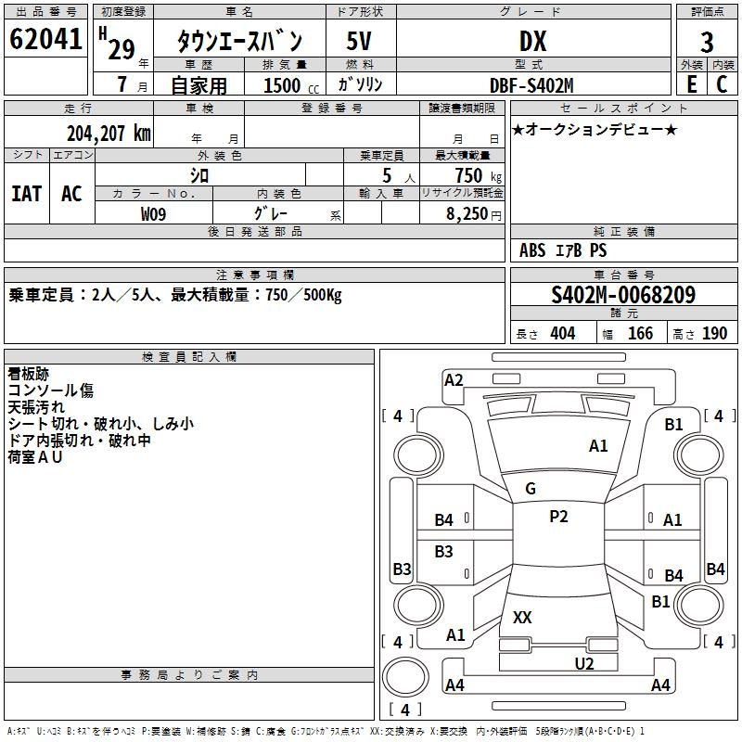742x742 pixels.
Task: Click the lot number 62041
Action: tap(45, 40)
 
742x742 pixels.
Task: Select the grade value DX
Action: tap(532, 41)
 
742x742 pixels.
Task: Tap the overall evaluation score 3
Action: tap(707, 42)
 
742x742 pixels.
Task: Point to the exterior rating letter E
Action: tap(692, 83)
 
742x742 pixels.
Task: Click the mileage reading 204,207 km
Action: tap(109, 133)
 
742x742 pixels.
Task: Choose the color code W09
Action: tap(154, 213)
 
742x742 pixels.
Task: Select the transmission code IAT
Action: tap(26, 193)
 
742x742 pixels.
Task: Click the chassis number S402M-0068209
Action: tap(623, 295)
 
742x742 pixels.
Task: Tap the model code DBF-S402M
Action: tap(532, 84)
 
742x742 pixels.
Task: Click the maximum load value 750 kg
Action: tap(478, 175)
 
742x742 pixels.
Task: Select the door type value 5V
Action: tap(360, 41)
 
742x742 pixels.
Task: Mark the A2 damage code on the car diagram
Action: tap(454, 379)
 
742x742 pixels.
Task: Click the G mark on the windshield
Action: tap(531, 489)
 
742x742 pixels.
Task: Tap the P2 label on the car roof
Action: tap(558, 517)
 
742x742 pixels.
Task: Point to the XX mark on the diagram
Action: tap(522, 617)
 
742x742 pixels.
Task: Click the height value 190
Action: tap(714, 334)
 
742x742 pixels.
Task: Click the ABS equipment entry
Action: tap(532, 250)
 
